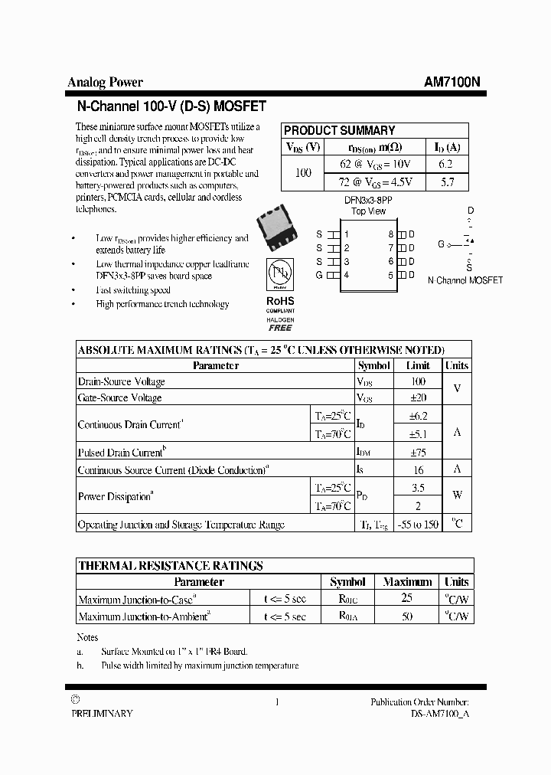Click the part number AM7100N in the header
452,83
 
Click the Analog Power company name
105,83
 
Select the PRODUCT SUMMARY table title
339,130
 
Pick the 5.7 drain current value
448,182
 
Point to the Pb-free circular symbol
280,274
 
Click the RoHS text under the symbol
280,301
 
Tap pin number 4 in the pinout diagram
347,275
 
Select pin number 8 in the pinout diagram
390,234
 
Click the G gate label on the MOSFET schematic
442,244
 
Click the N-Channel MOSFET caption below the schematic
465,280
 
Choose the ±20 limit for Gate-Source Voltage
418,397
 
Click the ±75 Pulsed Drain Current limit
418,453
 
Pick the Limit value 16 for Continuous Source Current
418,469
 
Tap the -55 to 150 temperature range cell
418,525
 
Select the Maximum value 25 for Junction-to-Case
407,598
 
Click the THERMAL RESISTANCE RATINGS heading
170,566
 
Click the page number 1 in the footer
276,702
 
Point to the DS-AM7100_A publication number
429,713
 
